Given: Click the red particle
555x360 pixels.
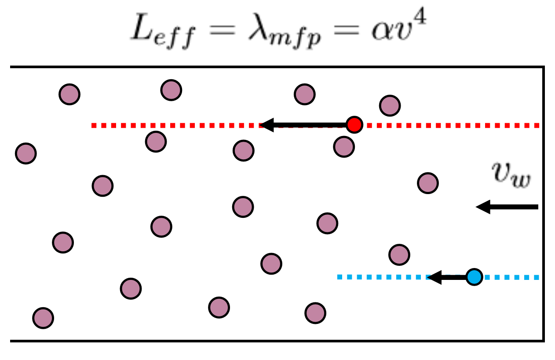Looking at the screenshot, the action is click(x=354, y=125).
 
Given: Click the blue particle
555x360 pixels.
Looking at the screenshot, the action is click(x=474, y=277).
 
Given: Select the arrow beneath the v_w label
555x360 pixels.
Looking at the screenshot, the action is click(x=507, y=207).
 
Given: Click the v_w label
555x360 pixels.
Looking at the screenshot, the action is click(x=511, y=175).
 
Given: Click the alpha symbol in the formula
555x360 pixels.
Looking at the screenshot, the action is click(x=383, y=32).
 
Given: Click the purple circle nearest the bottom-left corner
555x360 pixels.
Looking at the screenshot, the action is click(x=43, y=318).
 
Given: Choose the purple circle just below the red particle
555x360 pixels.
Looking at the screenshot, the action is click(x=344, y=147).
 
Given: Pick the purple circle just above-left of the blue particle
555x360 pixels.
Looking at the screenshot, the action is click(x=399, y=255).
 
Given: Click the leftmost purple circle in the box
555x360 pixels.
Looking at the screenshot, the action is click(x=26, y=154).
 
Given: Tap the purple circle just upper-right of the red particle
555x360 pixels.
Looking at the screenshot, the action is click(x=390, y=106).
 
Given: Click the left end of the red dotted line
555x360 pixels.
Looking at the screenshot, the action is click(x=92, y=125).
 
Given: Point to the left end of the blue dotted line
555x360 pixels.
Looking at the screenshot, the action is click(x=338, y=277).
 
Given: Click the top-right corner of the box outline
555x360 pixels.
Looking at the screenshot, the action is click(x=544, y=67).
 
